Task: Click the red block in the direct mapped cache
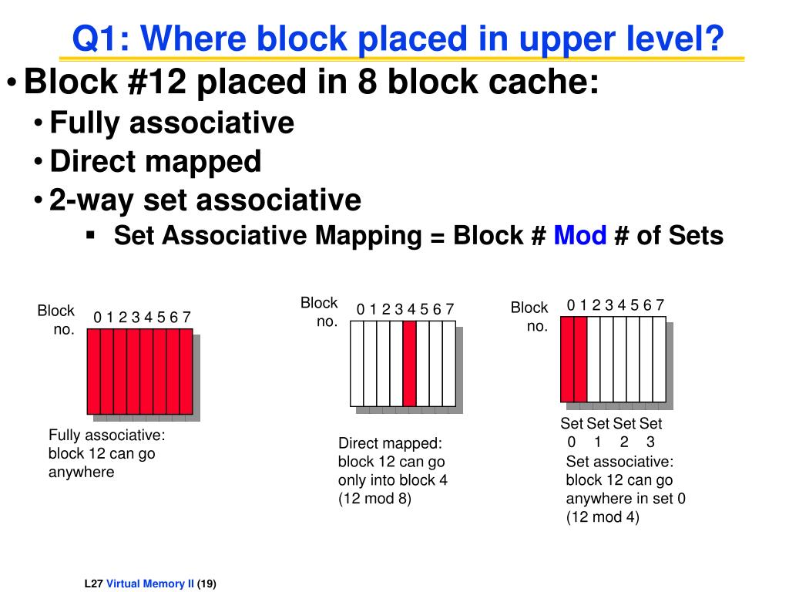coord(409,363)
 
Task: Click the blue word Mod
coord(580,235)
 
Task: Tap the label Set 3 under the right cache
coord(651,432)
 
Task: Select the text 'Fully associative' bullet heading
coord(171,123)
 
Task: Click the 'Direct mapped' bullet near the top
coord(155,161)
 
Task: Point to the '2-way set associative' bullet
coord(205,200)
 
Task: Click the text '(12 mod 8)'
coord(374,499)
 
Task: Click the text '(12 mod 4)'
coord(603,517)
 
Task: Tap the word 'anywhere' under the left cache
coord(81,472)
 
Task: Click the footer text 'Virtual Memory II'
coord(150,584)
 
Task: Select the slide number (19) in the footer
coord(207,584)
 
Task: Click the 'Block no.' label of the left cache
coord(56,320)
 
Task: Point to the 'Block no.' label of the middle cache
coord(320,312)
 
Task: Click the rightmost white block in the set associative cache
coord(659,358)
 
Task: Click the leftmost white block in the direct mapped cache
coord(357,363)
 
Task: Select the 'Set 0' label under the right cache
coord(572,432)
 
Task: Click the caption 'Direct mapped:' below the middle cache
coord(390,443)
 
